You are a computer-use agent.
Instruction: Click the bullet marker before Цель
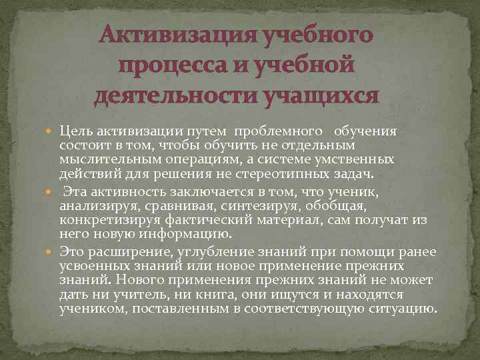pos(52,131)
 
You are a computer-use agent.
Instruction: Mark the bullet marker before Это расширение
pos(52,252)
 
